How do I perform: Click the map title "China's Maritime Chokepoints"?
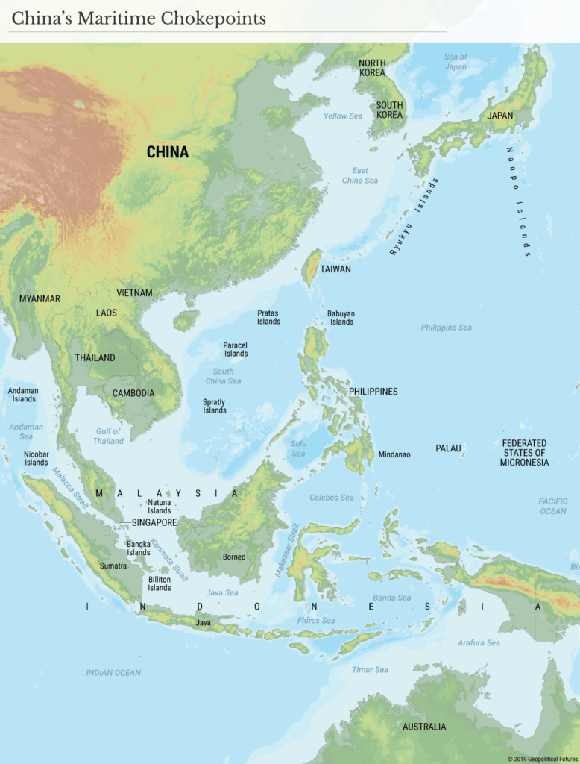pyautogui.click(x=139, y=19)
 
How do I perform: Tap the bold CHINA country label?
pyautogui.click(x=167, y=152)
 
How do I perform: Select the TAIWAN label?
pyautogui.click(x=335, y=269)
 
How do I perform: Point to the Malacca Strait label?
pyautogui.click(x=70, y=488)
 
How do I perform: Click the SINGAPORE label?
pyautogui.click(x=154, y=522)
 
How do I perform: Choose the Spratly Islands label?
pyautogui.click(x=215, y=406)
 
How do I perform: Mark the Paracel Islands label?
pyautogui.click(x=236, y=349)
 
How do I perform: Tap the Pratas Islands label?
pyautogui.click(x=268, y=317)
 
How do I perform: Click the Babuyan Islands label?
pyautogui.click(x=341, y=318)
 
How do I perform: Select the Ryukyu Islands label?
pyautogui.click(x=414, y=217)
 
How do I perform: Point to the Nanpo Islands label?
pyautogui.click(x=519, y=201)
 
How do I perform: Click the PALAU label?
pyautogui.click(x=448, y=448)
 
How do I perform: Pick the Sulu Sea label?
pyautogui.click(x=298, y=448)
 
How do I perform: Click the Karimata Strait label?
pyautogui.click(x=170, y=560)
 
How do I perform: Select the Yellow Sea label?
pyautogui.click(x=343, y=116)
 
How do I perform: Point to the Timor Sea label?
pyautogui.click(x=370, y=669)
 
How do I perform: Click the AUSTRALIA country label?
pyautogui.click(x=424, y=726)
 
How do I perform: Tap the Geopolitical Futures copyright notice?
pyautogui.click(x=542, y=759)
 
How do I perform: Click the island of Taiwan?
pyautogui.click(x=314, y=268)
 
